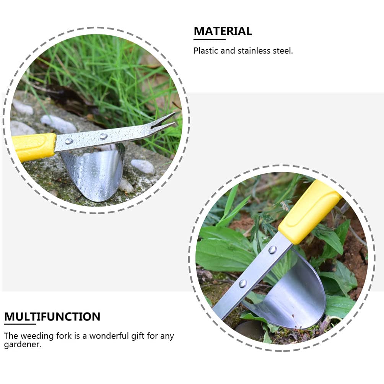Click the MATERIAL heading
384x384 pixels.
tap(223, 31)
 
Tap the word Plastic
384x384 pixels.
tap(205, 50)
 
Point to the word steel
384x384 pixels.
tap(283, 50)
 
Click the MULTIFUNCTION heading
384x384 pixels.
tap(52, 317)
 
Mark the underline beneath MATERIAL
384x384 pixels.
tap(209, 39)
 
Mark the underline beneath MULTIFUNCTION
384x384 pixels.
tap(20, 324)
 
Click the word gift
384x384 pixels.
tap(139, 336)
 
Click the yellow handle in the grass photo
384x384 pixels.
tap(34, 146)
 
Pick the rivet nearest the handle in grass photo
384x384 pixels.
tap(69, 141)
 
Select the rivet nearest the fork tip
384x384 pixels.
tap(103, 136)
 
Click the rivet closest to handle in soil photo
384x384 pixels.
tap(272, 250)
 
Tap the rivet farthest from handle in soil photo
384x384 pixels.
tap(242, 283)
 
